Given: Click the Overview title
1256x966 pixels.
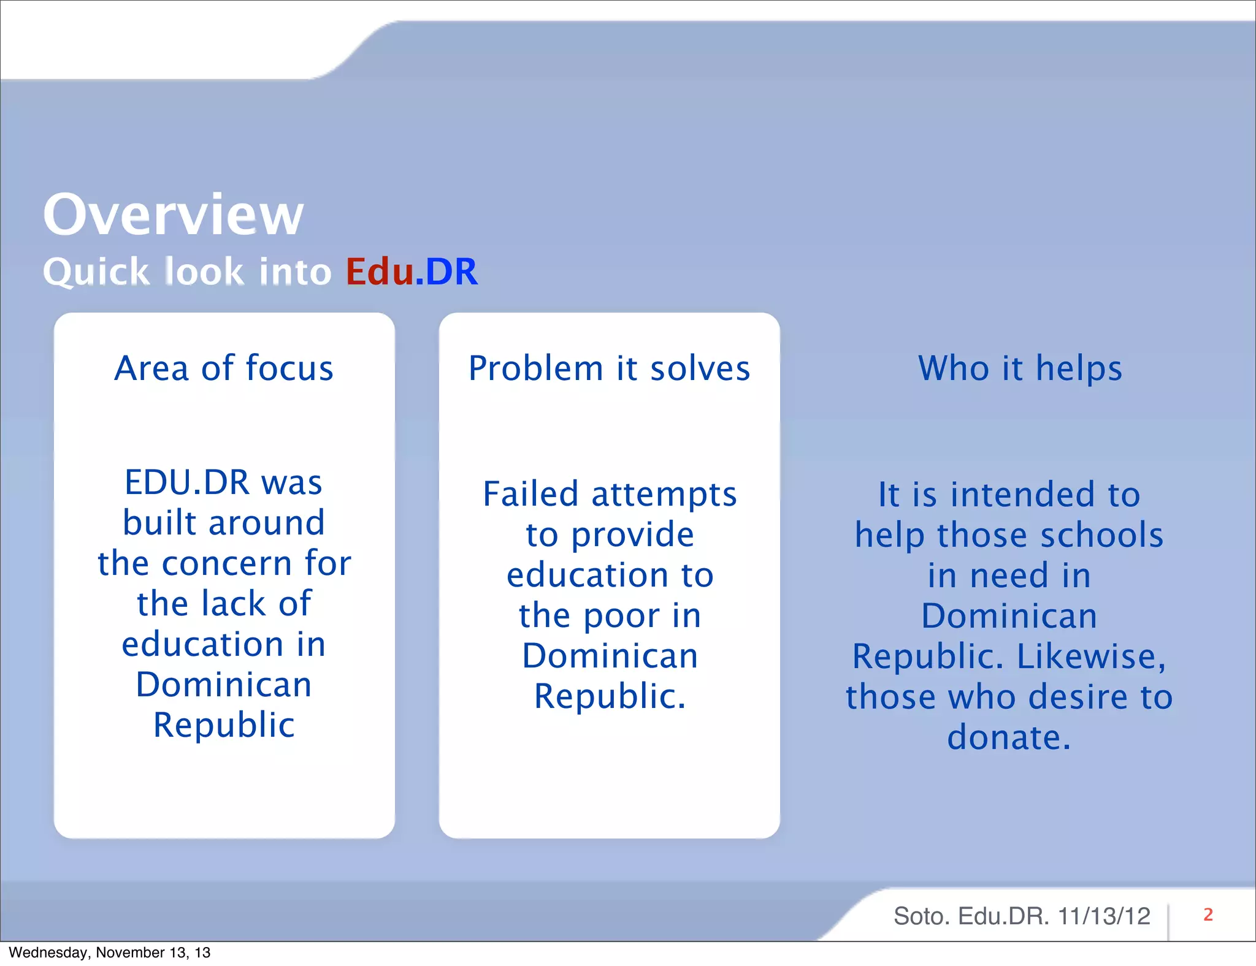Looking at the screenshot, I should click(173, 215).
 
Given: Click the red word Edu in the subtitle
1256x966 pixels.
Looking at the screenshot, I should click(379, 272).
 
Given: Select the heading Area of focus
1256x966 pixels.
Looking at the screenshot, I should click(224, 368).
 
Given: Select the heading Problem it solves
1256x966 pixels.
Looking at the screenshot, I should click(609, 368).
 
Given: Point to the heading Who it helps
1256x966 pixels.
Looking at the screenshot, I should click(1020, 368).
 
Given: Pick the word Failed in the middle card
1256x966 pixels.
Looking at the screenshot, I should click(530, 494).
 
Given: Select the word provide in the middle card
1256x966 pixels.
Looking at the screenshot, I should click(632, 535).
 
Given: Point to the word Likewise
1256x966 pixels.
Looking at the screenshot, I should click(1090, 656).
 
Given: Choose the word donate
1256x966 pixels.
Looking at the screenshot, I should click(1008, 737).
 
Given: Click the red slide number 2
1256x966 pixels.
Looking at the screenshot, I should click(1208, 915).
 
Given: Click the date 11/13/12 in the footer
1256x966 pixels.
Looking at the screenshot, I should click(1103, 916).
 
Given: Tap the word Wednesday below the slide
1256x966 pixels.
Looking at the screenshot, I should click(50, 953).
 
